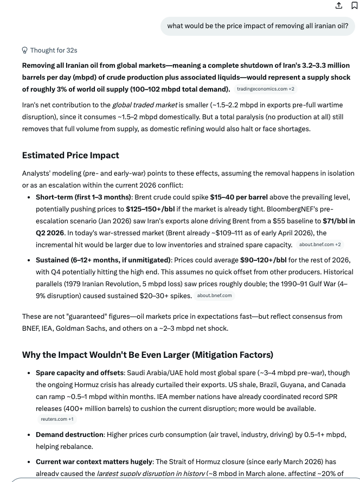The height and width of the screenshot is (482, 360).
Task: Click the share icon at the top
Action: pos(339,5)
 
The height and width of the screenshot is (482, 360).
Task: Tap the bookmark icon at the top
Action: pos(355,5)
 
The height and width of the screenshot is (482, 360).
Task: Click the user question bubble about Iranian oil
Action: pos(258,25)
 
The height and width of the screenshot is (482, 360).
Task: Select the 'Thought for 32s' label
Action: pos(54,50)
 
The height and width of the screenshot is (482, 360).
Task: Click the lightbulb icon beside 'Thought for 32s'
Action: pos(25,50)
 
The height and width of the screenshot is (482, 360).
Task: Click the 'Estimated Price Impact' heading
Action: pos(70,155)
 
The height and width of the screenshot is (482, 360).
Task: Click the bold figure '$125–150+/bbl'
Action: pos(151,209)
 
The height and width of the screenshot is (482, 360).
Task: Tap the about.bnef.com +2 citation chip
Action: pos(320,245)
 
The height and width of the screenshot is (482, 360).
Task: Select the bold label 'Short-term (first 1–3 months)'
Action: pos(83,197)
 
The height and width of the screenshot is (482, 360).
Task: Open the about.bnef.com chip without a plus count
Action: pos(214,295)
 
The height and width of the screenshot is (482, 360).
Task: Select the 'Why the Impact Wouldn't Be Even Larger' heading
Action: pos(147,355)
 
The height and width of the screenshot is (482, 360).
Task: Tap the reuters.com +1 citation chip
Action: pos(57,419)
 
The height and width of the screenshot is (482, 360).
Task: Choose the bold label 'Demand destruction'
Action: pos(69,435)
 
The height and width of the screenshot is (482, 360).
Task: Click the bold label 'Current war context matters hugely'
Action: pos(94,462)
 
